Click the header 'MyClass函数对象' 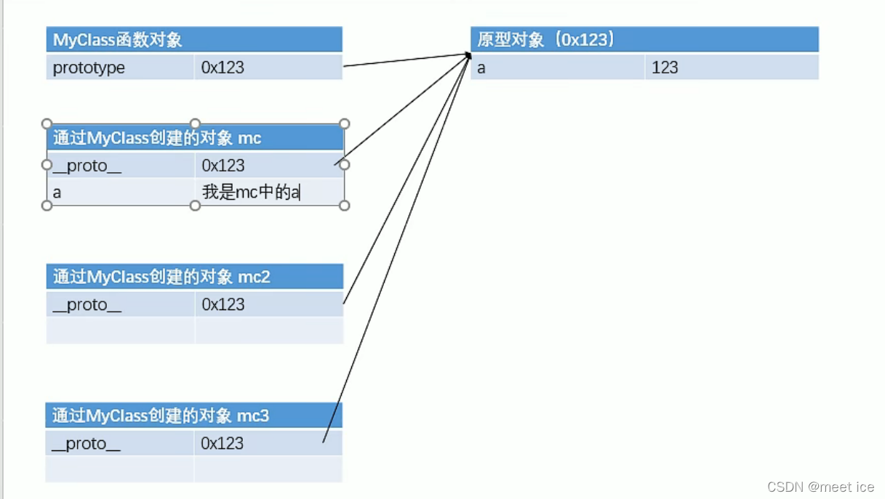pyautogui.click(x=117, y=40)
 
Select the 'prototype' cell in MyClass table pyautogui.click(x=89, y=68)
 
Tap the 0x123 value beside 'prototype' pyautogui.click(x=223, y=68)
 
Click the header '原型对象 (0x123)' pyautogui.click(x=546, y=39)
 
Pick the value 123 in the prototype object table pyautogui.click(x=665, y=68)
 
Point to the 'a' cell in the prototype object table pyautogui.click(x=481, y=68)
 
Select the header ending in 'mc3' pyautogui.click(x=160, y=415)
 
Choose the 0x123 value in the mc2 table pyautogui.click(x=223, y=304)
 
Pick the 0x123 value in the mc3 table pyautogui.click(x=223, y=443)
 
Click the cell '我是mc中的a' pyautogui.click(x=251, y=192)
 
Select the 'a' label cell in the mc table pyautogui.click(x=57, y=193)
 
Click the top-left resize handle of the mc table pyautogui.click(x=47, y=123)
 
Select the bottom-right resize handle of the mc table pyautogui.click(x=345, y=206)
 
